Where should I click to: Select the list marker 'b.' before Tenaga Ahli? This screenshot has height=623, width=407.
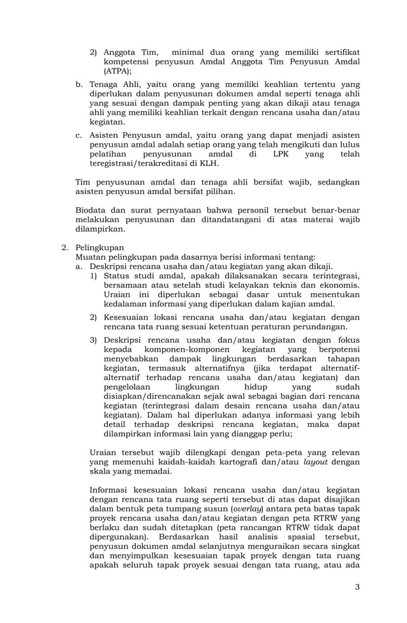pyautogui.click(x=79, y=84)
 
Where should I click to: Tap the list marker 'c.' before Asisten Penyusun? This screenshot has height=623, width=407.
pyautogui.click(x=79, y=135)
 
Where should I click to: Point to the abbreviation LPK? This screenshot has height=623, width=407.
pyautogui.click(x=280, y=154)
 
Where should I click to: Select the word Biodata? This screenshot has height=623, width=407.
pyautogui.click(x=92, y=211)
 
